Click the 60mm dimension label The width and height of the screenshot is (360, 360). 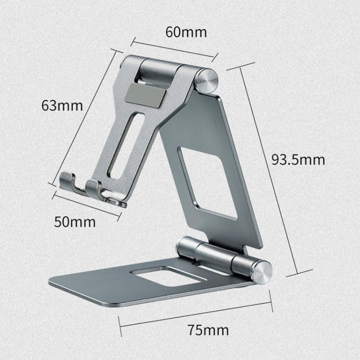179,32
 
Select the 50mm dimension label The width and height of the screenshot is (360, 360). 75,222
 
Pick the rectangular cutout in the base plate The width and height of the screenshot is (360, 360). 161,276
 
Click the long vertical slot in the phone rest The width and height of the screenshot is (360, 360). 131,144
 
